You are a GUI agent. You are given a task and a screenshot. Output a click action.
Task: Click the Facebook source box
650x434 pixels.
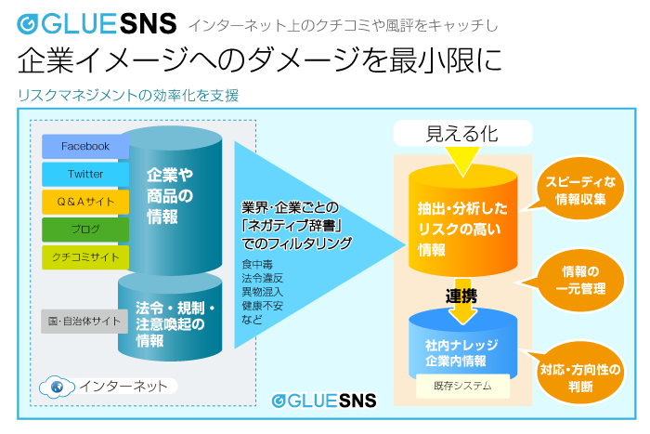click(84, 147)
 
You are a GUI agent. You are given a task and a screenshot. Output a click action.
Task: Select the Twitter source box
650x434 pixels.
click(84, 175)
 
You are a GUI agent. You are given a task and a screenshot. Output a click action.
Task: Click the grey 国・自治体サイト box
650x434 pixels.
click(84, 322)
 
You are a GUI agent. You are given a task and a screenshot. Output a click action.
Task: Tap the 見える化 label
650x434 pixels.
click(461, 134)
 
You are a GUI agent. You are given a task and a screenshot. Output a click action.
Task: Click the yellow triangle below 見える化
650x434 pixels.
click(461, 164)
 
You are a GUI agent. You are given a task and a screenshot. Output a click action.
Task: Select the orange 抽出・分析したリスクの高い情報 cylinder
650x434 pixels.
click(461, 223)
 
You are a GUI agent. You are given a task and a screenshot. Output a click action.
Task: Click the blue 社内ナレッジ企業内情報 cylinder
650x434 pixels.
click(461, 351)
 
